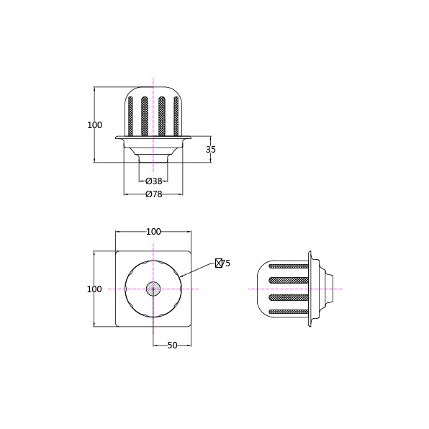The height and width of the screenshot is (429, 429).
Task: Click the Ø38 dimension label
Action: [154, 181]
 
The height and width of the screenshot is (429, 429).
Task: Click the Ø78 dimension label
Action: [154, 194]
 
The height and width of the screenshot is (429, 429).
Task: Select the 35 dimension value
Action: [211, 150]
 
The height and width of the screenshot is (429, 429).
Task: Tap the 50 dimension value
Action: [172, 346]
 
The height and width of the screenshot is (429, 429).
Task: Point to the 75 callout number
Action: [226, 263]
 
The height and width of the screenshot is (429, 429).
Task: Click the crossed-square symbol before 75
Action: [219, 263]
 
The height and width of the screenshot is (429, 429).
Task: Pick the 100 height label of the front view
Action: [95, 125]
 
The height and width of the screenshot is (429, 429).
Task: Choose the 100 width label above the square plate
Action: [153, 232]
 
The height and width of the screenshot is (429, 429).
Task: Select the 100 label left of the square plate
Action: [94, 289]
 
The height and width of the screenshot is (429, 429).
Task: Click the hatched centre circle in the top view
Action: [153, 289]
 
